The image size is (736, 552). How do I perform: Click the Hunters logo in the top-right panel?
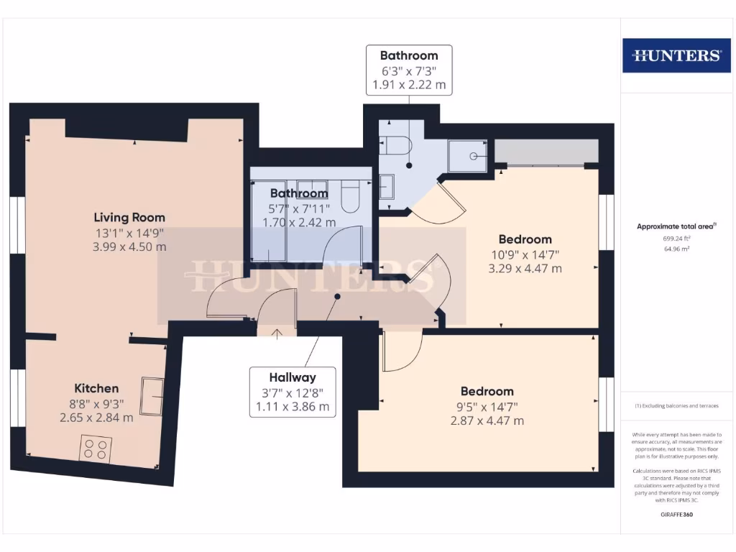click(675, 55)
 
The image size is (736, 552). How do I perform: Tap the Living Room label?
click(129, 217)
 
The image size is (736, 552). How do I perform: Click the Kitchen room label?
click(96, 388)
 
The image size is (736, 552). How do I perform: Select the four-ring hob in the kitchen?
click(96, 449)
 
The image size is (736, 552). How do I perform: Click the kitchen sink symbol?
click(152, 395)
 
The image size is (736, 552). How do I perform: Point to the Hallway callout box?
click(293, 392)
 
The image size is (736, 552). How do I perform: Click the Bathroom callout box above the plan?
click(408, 70)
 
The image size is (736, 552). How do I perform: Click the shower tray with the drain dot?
click(468, 155)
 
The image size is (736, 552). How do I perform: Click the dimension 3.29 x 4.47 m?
click(525, 269)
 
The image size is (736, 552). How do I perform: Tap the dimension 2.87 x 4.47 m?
click(487, 420)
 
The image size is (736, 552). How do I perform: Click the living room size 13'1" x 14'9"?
click(129, 232)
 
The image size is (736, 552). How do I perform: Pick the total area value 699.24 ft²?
click(677, 238)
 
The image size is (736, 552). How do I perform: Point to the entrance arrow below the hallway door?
click(277, 331)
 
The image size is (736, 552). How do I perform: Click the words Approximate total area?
click(676, 226)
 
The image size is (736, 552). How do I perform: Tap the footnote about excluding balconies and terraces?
click(676, 406)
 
